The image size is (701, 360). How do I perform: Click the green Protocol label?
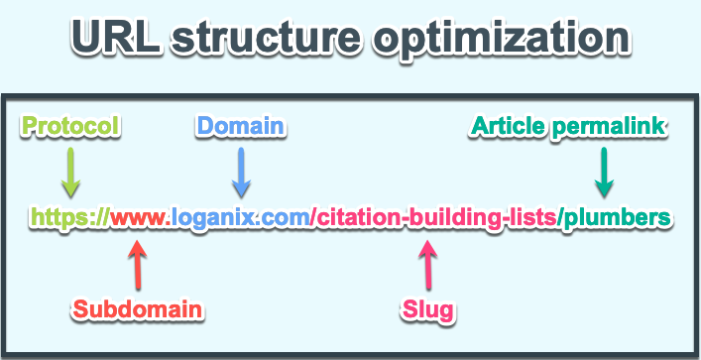(x=70, y=127)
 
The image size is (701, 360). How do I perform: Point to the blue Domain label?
(x=241, y=127)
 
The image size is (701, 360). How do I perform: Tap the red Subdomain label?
(x=138, y=309)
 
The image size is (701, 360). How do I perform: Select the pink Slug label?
(x=429, y=309)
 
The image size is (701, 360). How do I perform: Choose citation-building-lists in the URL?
(x=436, y=217)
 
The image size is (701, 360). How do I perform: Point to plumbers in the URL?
(x=615, y=217)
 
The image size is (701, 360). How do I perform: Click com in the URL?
(x=288, y=217)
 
